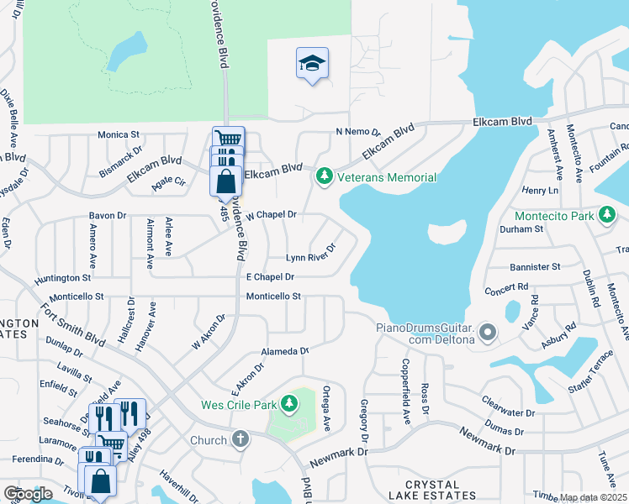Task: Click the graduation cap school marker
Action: pos(312,64)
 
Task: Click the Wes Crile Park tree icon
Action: pos(289,405)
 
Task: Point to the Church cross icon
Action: pos(240,439)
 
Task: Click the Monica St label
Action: pos(118,134)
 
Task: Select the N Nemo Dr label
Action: pos(358,132)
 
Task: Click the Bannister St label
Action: pos(535,267)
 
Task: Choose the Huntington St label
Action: pos(62,277)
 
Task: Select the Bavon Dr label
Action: pos(108,216)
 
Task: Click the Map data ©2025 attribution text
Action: pos(594,498)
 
